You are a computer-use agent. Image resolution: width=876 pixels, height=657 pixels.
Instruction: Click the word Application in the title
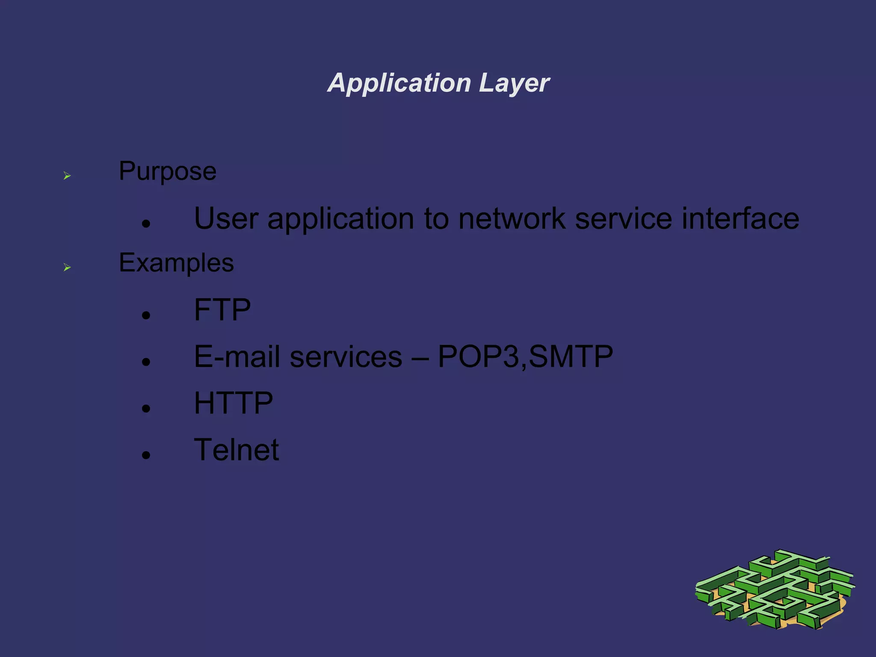pos(399,83)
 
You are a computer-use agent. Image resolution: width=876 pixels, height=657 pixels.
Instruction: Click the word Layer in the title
pos(514,83)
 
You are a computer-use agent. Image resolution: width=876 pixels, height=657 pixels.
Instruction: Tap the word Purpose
pos(167,172)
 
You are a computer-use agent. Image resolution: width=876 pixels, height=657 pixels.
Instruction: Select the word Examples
pos(176,263)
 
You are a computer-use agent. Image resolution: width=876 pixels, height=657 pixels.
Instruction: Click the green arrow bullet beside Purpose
pos(67,176)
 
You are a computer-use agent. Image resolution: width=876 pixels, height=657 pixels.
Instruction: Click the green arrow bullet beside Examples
pos(67,268)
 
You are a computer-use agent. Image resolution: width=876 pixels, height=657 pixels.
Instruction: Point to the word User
pos(226,219)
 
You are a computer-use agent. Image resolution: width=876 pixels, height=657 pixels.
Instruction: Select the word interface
pos(740,219)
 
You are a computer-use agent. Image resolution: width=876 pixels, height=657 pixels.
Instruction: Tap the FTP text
pos(222,310)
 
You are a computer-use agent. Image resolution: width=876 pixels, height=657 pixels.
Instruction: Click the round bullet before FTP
pos(146,316)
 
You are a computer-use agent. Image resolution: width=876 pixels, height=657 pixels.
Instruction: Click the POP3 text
pos(479,356)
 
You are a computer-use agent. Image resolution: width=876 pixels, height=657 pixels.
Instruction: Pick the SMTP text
pos(571,356)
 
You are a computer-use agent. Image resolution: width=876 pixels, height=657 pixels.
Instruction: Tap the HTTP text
pos(233,403)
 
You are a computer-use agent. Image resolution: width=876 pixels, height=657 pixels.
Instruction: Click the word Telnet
pos(236,450)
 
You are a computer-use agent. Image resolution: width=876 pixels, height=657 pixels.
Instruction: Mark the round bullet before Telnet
pos(146,455)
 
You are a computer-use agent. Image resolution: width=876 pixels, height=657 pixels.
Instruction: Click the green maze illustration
pos(775,591)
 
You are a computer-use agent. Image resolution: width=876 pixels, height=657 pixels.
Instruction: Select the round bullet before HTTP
pos(146,408)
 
